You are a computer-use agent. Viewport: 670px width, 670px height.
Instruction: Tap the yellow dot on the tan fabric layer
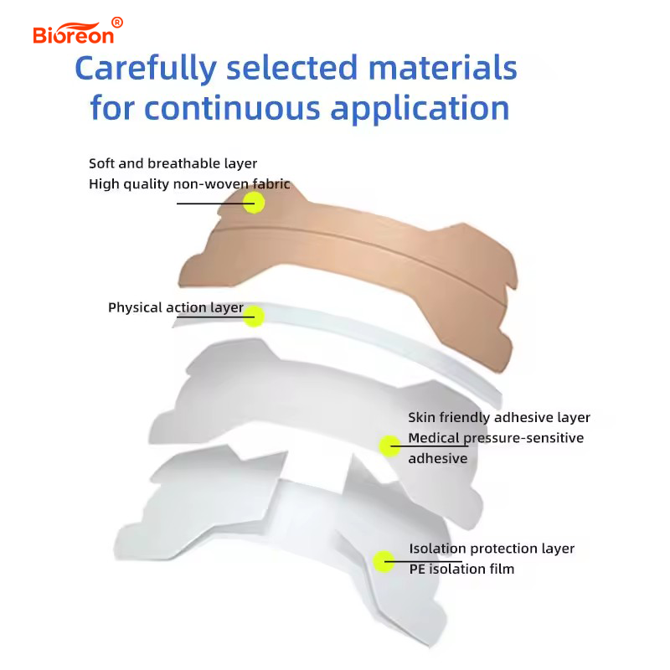point(254,202)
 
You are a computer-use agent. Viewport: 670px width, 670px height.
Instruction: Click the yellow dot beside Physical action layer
point(255,317)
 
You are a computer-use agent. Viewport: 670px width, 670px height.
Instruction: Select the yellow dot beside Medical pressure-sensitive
point(390,446)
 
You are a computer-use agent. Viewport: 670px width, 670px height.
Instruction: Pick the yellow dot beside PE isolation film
point(384,561)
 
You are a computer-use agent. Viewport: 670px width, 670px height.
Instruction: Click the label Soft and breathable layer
point(173,162)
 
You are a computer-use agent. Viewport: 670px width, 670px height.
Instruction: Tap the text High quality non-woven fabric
point(189,183)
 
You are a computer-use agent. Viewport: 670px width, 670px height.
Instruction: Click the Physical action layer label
point(175,308)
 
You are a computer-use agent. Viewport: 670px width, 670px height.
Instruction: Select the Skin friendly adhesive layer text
point(499,417)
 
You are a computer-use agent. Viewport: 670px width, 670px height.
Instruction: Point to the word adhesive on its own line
point(437,458)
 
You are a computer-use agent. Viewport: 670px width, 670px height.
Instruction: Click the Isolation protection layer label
point(492,549)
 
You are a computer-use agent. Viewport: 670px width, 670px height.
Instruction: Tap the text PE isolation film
point(461,569)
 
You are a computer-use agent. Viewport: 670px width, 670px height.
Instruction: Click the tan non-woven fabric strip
point(352,260)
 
